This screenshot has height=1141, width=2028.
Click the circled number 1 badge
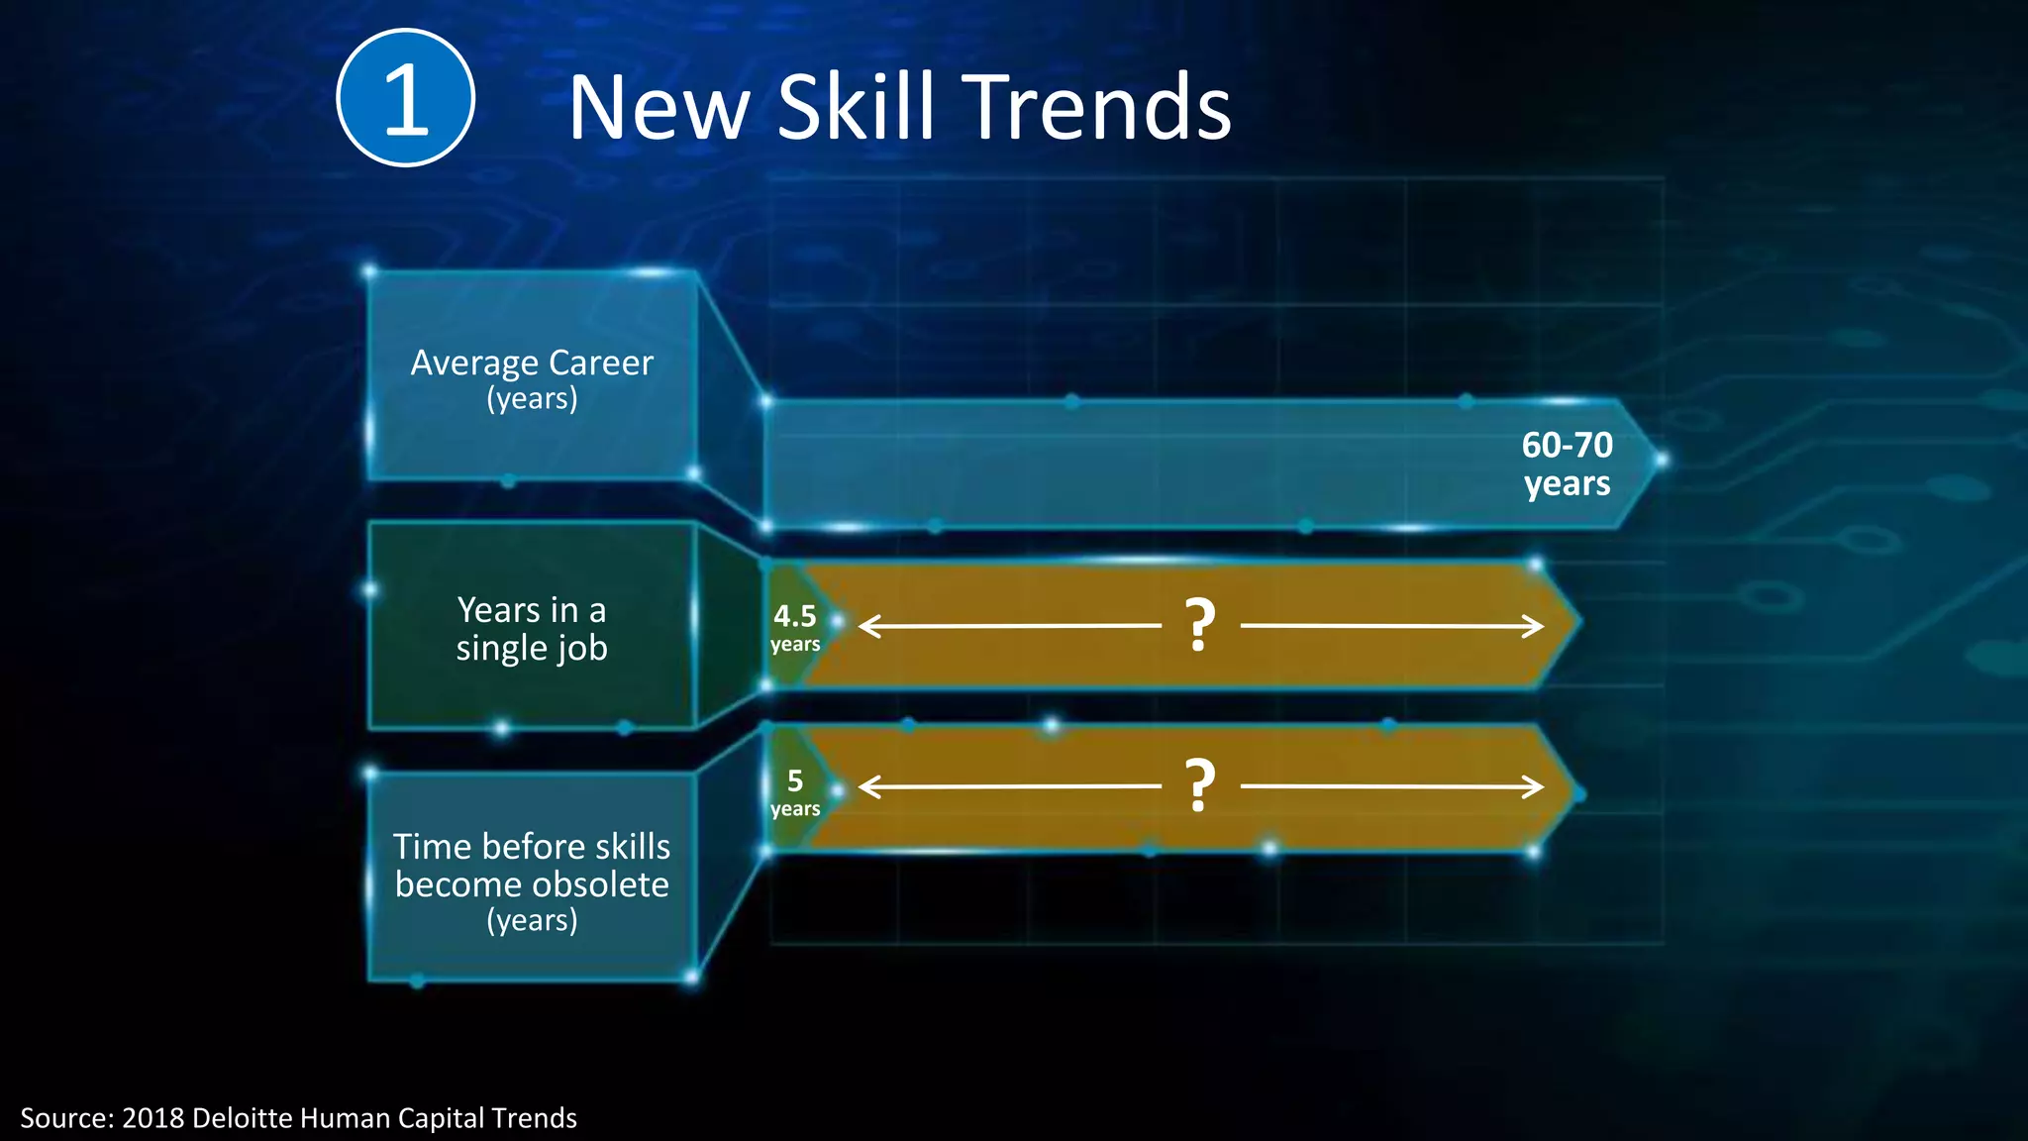point(405,98)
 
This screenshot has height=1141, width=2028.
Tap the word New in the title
point(658,109)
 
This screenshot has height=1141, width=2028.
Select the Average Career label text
point(532,363)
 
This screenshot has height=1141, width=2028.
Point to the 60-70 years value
point(1567,464)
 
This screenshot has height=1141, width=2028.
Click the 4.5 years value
point(795,628)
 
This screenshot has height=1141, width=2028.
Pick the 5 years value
point(795,792)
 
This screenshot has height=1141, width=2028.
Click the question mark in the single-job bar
point(1200,625)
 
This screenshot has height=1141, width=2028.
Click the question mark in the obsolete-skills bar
point(1200,786)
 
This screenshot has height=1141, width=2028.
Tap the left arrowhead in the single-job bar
point(868,626)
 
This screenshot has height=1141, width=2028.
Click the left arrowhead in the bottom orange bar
point(868,787)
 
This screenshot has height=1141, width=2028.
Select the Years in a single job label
point(532,628)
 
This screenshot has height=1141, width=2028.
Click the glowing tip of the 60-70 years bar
point(1661,460)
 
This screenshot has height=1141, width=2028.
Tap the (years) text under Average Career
point(532,399)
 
